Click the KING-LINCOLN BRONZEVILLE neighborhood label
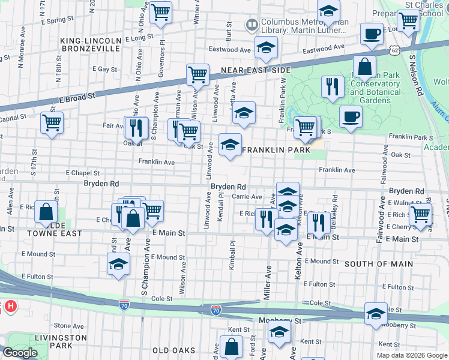(91, 46)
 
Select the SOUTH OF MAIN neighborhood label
(378, 263)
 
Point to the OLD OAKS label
(173, 350)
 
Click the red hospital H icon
(10, 307)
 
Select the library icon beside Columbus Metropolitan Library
(252, 25)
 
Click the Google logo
(20, 353)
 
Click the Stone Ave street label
(65, 325)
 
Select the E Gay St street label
(104, 70)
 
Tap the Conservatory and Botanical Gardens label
(375, 92)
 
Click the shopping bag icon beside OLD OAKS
(231, 346)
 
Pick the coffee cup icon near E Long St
(372, 34)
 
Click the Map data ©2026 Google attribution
(412, 355)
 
